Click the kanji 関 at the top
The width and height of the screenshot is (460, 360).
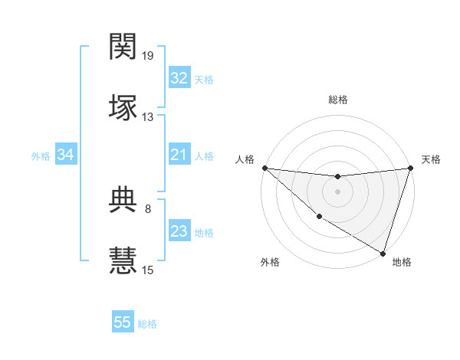click(123, 48)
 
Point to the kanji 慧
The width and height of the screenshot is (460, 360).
click(123, 260)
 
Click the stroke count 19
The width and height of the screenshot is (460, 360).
click(148, 56)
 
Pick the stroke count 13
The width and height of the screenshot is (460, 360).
click(148, 116)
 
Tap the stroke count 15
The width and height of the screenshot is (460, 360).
click(148, 269)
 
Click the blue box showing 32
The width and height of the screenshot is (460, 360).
click(179, 77)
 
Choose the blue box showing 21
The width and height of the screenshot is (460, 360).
click(179, 155)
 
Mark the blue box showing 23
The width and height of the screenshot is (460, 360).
click(179, 231)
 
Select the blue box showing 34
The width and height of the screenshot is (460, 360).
click(66, 155)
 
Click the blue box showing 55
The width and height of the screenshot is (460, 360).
click(123, 322)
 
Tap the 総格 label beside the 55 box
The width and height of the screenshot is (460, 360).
click(147, 324)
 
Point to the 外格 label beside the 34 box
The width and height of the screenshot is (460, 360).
click(41, 156)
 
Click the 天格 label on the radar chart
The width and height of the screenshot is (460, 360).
click(431, 159)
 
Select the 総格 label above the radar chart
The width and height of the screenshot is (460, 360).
click(337, 100)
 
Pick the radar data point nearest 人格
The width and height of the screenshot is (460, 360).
click(264, 168)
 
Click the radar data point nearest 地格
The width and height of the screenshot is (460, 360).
click(383, 253)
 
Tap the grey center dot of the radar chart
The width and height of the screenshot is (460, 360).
click(337, 191)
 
